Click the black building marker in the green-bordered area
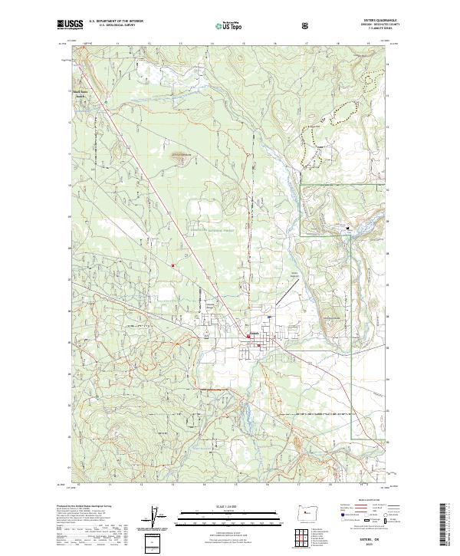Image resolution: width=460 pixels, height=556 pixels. [347, 228]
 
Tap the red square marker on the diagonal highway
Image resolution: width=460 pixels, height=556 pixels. [173, 267]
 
